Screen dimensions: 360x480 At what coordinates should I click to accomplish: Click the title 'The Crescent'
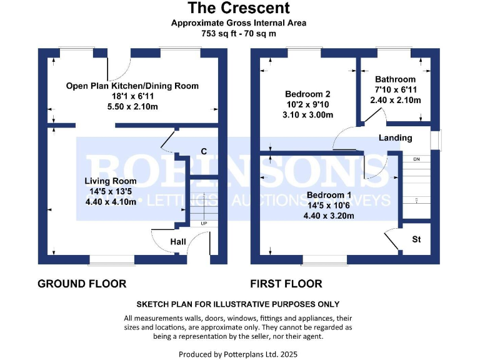point(239,8)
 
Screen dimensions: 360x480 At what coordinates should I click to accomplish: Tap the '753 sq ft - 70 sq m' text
point(239,33)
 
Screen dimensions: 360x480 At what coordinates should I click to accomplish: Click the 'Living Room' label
point(106,181)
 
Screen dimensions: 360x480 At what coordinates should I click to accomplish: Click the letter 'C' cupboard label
point(203,151)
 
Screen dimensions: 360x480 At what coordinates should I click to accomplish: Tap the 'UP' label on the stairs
point(204,223)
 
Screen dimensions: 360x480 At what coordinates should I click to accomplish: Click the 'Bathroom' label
point(395,79)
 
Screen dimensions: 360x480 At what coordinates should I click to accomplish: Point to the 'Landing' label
point(396,137)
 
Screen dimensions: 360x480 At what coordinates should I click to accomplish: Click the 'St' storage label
point(416,239)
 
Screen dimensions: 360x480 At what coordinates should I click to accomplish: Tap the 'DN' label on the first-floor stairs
point(416,159)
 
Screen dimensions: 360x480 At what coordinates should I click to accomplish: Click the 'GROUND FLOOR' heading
point(82,284)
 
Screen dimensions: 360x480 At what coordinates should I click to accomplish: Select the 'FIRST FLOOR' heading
point(286,284)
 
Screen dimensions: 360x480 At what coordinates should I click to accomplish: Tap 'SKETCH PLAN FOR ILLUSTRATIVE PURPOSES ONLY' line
point(238,304)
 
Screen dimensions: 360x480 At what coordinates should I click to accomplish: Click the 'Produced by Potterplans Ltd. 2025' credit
point(239,354)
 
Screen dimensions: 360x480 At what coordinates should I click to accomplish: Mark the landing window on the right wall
point(440,139)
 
